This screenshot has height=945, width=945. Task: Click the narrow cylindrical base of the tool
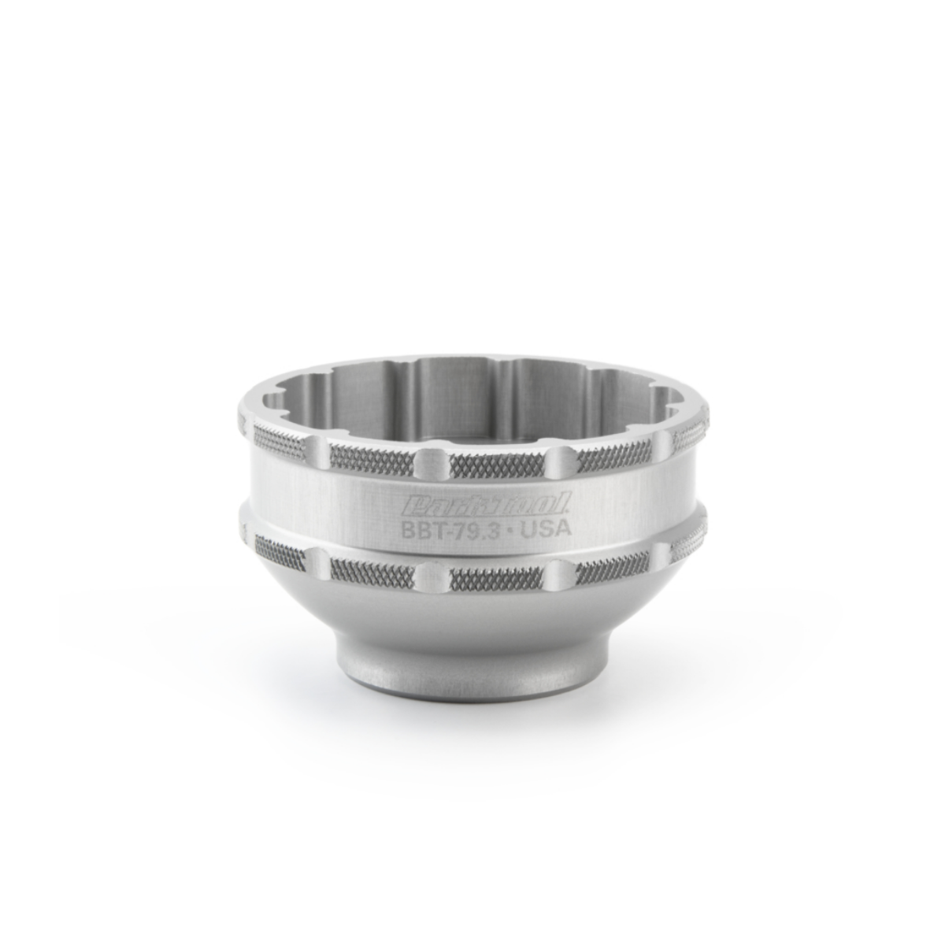[472, 677]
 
